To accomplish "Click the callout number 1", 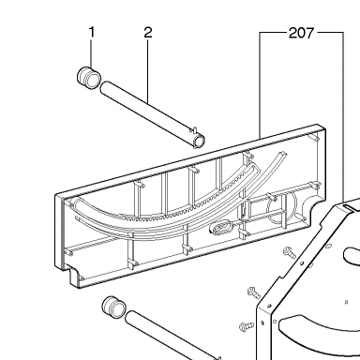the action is (92, 33).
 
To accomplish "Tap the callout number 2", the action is (148, 33).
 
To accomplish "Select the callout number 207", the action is (301, 33).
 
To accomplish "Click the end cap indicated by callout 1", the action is (89, 78).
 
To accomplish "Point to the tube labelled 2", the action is (153, 114).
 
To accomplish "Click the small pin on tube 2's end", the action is (195, 129).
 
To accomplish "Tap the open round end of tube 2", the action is (200, 142).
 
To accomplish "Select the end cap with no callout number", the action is (114, 307).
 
